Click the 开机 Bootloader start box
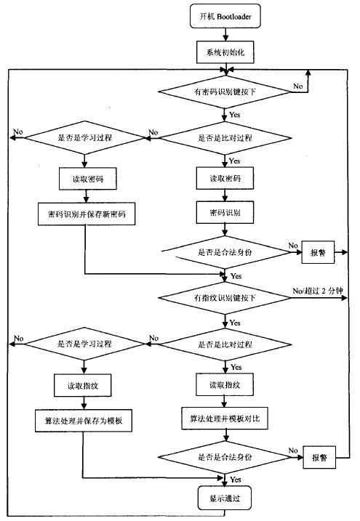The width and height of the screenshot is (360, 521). pyautogui.click(x=225, y=16)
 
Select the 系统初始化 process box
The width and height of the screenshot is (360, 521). pyautogui.click(x=225, y=52)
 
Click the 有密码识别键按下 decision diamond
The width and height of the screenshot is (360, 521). pyautogui.click(x=225, y=92)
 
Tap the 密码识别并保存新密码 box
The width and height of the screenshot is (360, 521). pyautogui.click(x=87, y=214)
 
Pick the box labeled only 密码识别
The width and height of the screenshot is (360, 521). pyautogui.click(x=225, y=212)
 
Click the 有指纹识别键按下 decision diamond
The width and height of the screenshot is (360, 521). pyautogui.click(x=225, y=298)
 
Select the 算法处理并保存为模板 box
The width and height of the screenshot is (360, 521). pyautogui.click(x=84, y=421)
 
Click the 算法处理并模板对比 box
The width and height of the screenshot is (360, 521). pyautogui.click(x=225, y=419)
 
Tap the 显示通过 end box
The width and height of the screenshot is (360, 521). pyautogui.click(x=225, y=498)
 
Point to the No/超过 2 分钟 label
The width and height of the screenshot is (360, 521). pyautogui.click(x=317, y=291)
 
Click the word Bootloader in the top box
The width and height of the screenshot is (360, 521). pyautogui.click(x=234, y=16)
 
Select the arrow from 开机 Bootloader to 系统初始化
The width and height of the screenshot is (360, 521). pyautogui.click(x=225, y=35)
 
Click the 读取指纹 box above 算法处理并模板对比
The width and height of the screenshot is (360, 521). pyautogui.click(x=225, y=385)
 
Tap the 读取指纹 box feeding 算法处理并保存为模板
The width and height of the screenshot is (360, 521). pyautogui.click(x=83, y=385)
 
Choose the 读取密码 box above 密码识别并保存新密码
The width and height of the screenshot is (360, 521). pyautogui.click(x=88, y=179)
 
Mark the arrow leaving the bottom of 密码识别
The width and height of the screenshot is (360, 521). pyautogui.click(x=225, y=230)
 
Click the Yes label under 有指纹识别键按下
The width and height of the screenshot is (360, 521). pyautogui.click(x=235, y=323)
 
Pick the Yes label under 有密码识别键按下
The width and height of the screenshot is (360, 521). pyautogui.click(x=235, y=115)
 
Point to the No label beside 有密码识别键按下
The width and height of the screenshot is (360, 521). pyautogui.click(x=298, y=86)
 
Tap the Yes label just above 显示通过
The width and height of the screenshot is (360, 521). pyautogui.click(x=236, y=480)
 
